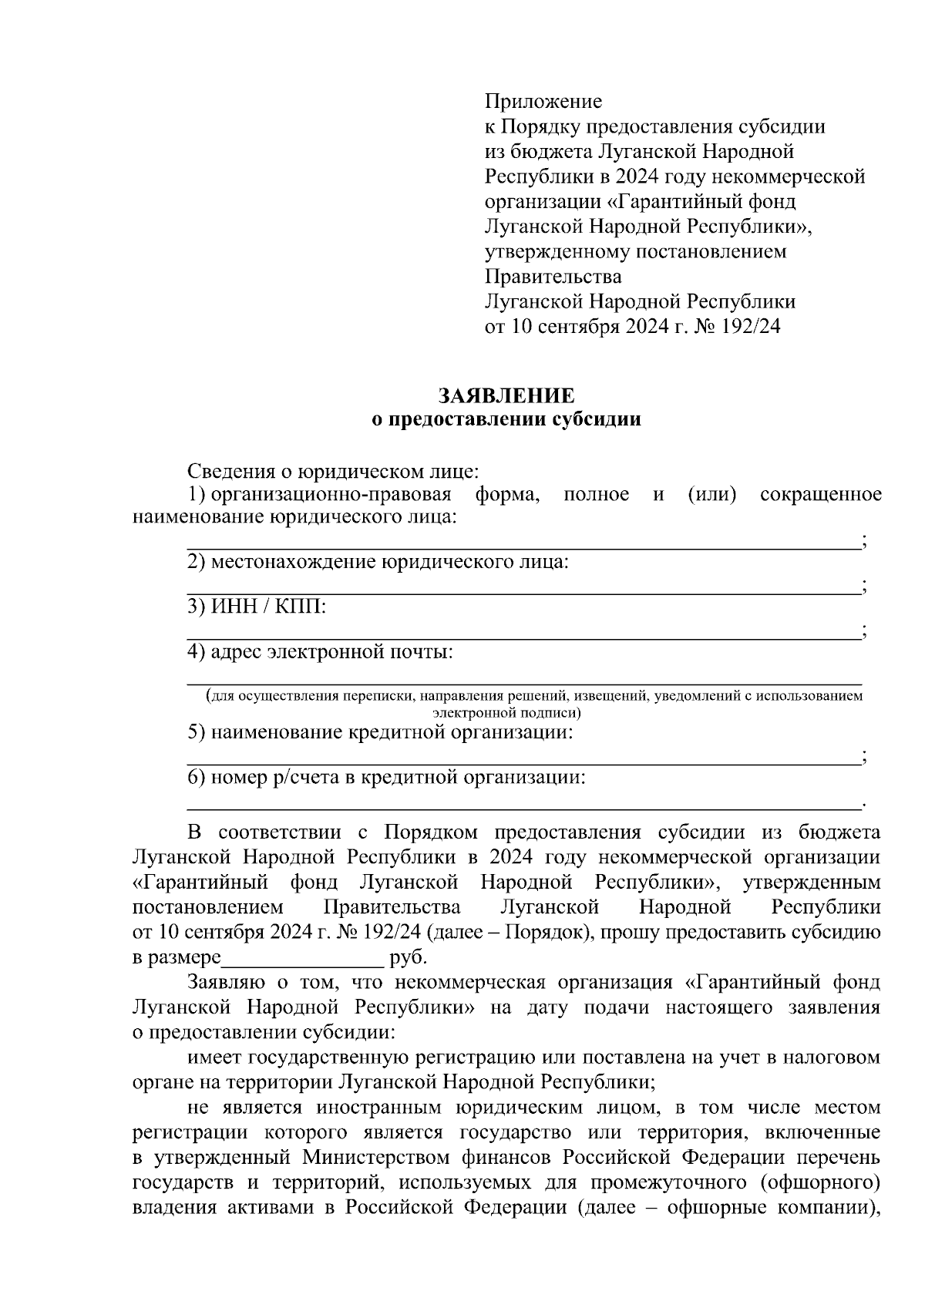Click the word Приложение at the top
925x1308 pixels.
pos(543,102)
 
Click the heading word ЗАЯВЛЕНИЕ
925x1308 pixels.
pos(506,396)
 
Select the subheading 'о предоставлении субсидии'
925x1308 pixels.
pos(506,420)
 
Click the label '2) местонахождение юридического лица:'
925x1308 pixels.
pos(378,562)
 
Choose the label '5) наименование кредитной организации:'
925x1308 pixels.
pos(381,731)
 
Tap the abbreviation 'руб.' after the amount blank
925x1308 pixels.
pos(408,959)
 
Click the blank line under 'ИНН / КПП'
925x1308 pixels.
pos(524,637)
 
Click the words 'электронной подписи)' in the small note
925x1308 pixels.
pos(506,712)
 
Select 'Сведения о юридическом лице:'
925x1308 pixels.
pos(335,471)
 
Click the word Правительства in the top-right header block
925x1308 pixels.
pos(553,276)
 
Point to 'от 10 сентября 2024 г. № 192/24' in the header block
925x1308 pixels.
pos(632,326)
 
